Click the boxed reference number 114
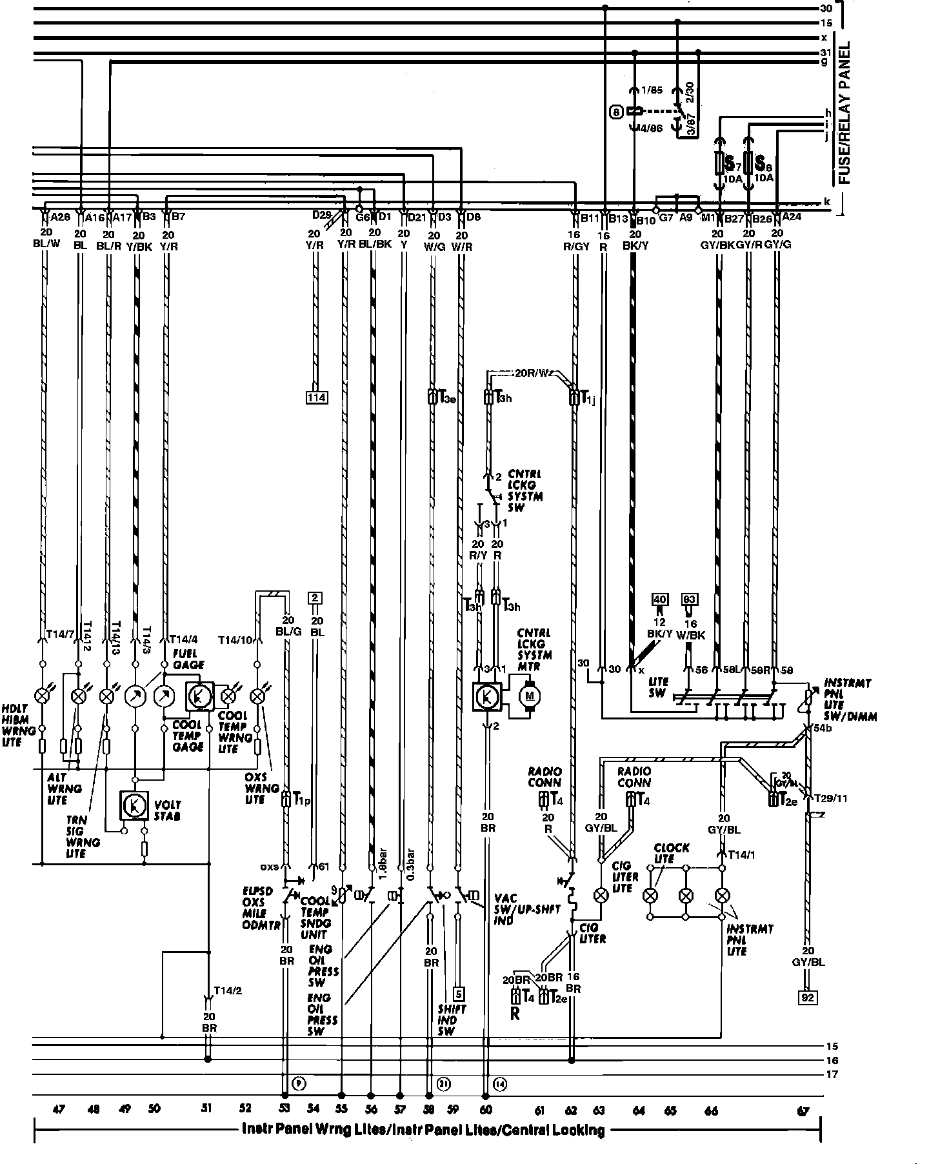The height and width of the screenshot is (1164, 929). point(316,397)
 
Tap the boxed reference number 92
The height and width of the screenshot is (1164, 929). point(808,998)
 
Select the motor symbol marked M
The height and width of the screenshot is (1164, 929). point(532,695)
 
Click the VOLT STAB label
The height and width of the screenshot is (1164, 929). point(168,810)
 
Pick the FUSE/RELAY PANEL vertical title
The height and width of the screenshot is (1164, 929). point(844,113)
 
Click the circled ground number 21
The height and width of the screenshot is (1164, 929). point(443,1084)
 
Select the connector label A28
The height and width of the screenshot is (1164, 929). point(60,217)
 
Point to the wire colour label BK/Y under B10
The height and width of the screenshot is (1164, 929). point(634,246)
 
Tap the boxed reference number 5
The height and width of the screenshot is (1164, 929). point(459,994)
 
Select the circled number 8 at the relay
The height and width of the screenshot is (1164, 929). point(616,112)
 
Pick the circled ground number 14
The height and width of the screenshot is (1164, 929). point(499,1084)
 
